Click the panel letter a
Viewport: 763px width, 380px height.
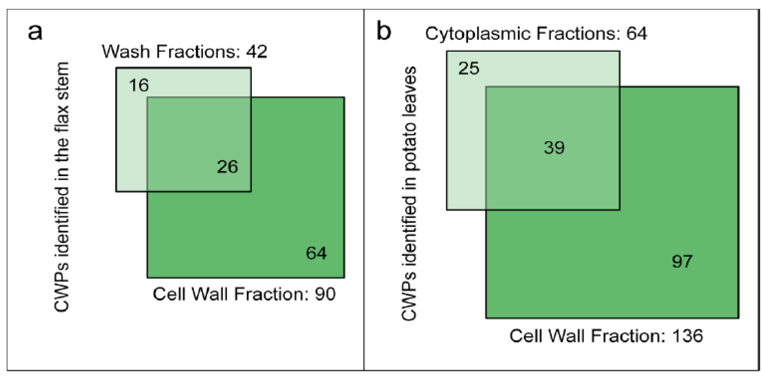coord(35,32)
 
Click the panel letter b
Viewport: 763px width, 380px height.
coord(384,31)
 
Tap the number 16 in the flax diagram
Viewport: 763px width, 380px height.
coord(139,85)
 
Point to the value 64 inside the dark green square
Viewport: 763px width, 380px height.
coord(316,253)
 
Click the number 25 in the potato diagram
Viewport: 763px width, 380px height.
coord(469,69)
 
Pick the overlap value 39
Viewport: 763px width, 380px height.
coord(554,148)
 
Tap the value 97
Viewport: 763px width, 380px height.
coord(682,261)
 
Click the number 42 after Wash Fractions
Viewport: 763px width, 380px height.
coord(256,52)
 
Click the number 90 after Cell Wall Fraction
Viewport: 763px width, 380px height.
coord(325,294)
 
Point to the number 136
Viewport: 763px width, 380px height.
coord(687,336)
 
